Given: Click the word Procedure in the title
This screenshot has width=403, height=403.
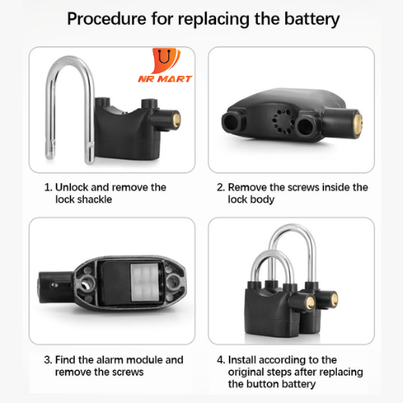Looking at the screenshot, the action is pyautogui.click(x=106, y=19).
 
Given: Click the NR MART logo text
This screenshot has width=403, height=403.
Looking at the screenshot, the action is pyautogui.click(x=165, y=79).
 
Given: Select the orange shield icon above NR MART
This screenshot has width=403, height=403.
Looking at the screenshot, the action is pyautogui.click(x=165, y=60).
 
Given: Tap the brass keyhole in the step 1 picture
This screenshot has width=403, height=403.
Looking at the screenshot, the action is pyautogui.click(x=177, y=120).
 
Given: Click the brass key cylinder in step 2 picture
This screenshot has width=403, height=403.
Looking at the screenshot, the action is pyautogui.click(x=357, y=125).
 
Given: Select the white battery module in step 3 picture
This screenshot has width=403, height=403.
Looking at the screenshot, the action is pyautogui.click(x=144, y=282).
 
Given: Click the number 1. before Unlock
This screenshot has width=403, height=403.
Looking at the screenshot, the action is pyautogui.click(x=48, y=187).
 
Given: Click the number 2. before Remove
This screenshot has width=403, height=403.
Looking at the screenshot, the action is pyautogui.click(x=221, y=187).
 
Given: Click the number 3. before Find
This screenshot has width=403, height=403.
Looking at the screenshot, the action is pyautogui.click(x=48, y=359).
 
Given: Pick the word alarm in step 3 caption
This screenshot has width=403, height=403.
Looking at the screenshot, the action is pyautogui.click(x=108, y=359).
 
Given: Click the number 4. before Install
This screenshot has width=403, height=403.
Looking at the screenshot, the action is pyautogui.click(x=221, y=359).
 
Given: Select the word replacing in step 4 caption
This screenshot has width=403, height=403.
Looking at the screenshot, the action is pyautogui.click(x=341, y=372).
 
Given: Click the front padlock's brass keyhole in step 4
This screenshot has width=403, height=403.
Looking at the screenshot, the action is pyautogui.click(x=311, y=303).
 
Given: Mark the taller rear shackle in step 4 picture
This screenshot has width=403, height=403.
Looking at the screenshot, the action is pyautogui.click(x=293, y=228).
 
